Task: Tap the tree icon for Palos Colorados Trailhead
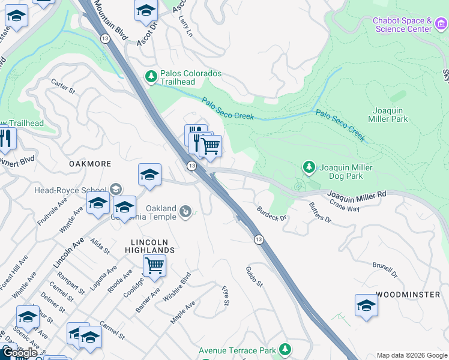[x=151, y=76]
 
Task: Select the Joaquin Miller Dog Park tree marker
[x=309, y=167]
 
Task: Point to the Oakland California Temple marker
[x=186, y=211]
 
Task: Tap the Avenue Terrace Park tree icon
[x=285, y=350]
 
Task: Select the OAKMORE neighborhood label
[x=90, y=164]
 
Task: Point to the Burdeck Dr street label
[x=272, y=213]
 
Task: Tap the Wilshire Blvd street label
[x=180, y=285]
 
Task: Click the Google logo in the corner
[x=20, y=353]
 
